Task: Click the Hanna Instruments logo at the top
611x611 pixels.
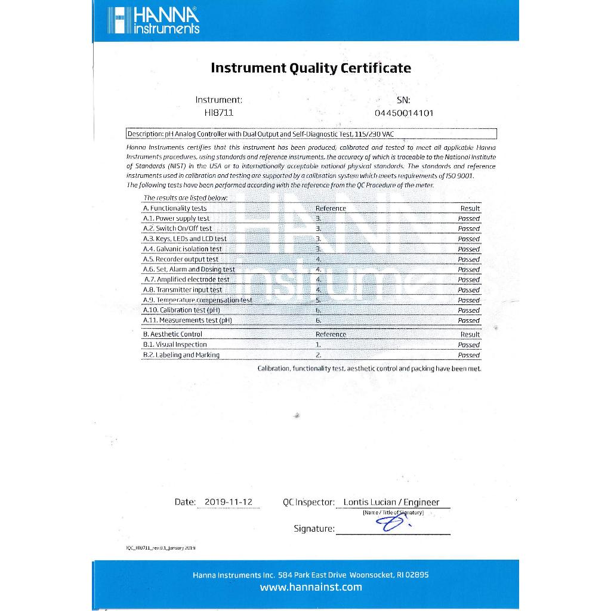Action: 154,21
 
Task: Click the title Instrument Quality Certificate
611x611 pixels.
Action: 311,68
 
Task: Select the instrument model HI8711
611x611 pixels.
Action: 218,113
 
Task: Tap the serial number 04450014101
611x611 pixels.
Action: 404,113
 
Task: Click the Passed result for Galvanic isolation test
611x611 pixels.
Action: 468,249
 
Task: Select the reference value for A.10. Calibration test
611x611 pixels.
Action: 319,310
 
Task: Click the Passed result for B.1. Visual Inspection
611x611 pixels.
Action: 468,345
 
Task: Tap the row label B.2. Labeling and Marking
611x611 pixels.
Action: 181,355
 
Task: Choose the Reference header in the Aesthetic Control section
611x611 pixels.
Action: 331,335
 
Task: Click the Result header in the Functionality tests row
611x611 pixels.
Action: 470,208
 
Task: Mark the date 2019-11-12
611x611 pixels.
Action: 229,502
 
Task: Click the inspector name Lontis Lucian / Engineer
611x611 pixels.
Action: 391,502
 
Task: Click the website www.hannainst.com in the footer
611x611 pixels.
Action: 311,587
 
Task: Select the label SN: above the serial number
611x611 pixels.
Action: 403,100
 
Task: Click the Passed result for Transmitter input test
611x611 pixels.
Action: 468,290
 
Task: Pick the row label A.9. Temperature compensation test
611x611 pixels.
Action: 198,300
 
